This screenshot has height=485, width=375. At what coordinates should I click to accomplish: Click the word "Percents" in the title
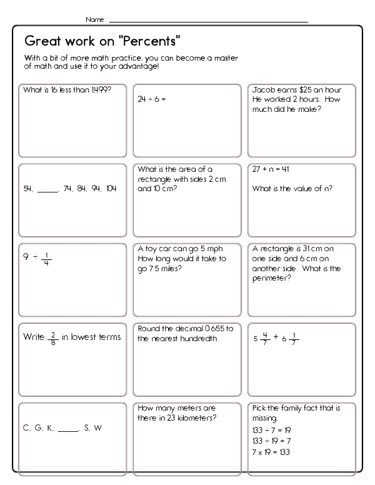coord(149,42)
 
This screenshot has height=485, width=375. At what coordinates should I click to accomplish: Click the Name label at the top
coord(95,20)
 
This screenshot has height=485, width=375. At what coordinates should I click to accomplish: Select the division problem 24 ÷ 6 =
coord(152,99)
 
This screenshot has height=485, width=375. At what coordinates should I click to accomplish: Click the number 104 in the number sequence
coord(111,188)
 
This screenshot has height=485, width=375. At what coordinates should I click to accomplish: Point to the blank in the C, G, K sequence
coord(68,429)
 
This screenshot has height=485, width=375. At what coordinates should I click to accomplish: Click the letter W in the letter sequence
coord(97,428)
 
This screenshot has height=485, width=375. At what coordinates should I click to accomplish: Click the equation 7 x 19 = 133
coord(271,452)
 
